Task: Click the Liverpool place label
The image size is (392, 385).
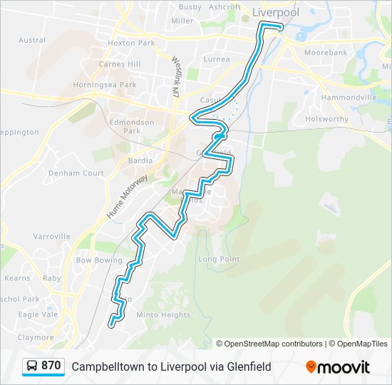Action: coord(276,12)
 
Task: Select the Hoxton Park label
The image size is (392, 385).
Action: coord(131,43)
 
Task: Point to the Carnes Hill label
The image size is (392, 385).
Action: coord(120,64)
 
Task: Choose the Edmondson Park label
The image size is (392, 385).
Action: coord(132,126)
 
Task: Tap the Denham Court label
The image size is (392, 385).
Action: coord(73,173)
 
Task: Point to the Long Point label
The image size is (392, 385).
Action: coord(219,259)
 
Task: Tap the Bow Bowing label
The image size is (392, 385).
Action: coord(99,261)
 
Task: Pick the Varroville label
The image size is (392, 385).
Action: coord(51,236)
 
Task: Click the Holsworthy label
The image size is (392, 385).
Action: coord(326,119)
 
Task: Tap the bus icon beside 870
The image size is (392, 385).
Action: coord(32,366)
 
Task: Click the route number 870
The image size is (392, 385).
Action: coord(51,366)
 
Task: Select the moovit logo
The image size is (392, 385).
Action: coord(338,367)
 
